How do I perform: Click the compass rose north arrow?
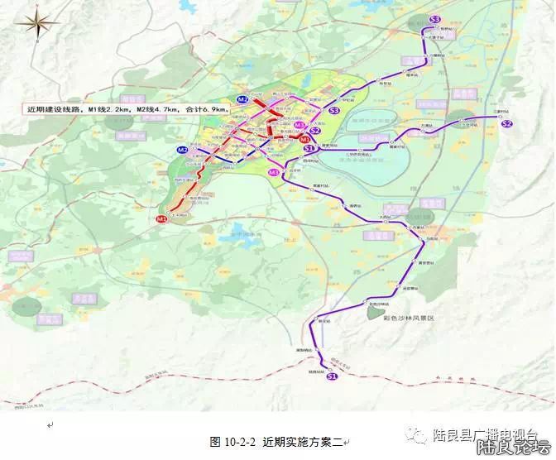37,24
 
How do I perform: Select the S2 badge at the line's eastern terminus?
507,123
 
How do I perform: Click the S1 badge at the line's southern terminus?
332,377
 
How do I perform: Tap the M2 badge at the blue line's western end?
182,150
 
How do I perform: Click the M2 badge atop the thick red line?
242,99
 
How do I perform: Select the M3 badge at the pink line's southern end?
274,171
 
